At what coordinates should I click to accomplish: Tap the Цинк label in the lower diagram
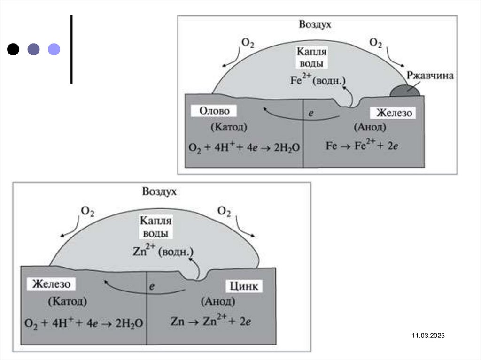(x=244, y=286)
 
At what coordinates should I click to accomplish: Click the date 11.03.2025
(x=428, y=336)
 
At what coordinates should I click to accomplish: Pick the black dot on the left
(x=13, y=49)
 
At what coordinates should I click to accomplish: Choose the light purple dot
(x=54, y=49)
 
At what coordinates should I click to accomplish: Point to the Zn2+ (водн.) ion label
(x=161, y=252)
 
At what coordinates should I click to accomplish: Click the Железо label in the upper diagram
(x=394, y=113)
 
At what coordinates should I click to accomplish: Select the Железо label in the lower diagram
(x=51, y=284)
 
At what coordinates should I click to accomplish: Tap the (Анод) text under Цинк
(x=218, y=302)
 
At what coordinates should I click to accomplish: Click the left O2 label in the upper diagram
(x=248, y=42)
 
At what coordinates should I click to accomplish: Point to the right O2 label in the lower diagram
(x=224, y=212)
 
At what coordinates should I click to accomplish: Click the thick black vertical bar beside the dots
(x=71, y=49)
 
